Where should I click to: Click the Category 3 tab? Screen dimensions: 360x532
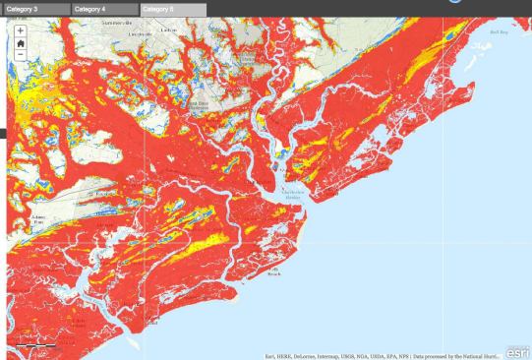coord(35,9)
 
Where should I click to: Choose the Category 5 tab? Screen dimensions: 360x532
coord(172,9)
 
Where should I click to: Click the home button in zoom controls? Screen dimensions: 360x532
coord(21,43)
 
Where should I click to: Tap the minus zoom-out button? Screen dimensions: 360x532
coord(21,55)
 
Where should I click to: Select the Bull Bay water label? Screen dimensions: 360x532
coord(501,32)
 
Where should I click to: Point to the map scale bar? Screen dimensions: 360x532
coord(30,346)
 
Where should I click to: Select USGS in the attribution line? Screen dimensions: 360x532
coord(350,356)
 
